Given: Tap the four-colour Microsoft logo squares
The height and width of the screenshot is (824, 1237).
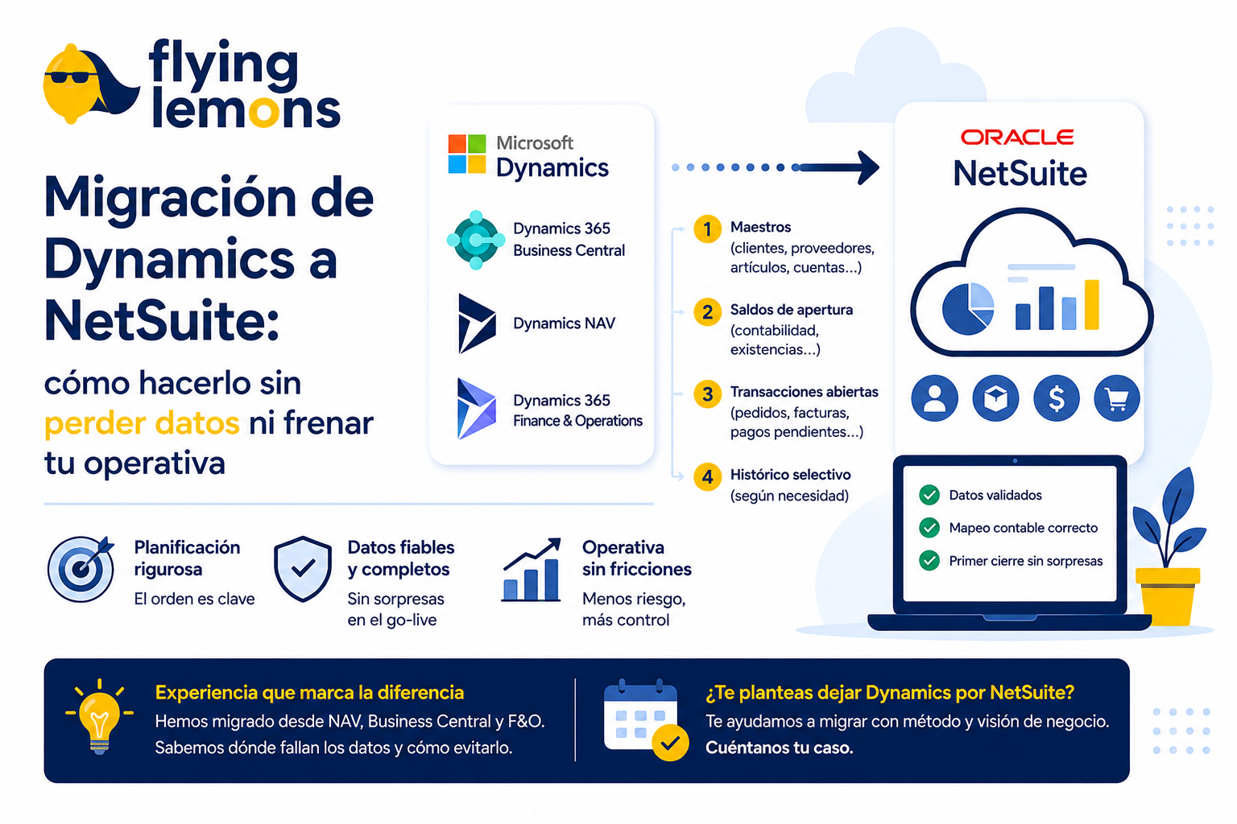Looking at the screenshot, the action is click(466, 154).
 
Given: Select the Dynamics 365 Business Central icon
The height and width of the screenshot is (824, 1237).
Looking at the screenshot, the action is click(475, 240).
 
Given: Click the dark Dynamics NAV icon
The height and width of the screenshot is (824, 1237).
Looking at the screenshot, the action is click(477, 323).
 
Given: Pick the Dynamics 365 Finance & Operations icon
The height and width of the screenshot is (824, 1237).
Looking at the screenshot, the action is click(477, 409).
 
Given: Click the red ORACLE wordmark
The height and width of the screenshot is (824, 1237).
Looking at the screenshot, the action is click(1017, 137).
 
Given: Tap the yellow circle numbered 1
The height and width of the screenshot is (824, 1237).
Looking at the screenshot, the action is click(707, 229).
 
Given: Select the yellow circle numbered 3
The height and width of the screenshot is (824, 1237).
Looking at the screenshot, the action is click(707, 394).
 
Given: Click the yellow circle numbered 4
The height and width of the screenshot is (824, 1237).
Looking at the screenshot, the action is click(707, 476).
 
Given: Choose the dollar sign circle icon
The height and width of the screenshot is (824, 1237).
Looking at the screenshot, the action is click(1057, 398).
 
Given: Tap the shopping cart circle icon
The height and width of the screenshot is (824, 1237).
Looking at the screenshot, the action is click(1117, 398).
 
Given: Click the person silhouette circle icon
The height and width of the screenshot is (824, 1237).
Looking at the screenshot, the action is click(934, 398).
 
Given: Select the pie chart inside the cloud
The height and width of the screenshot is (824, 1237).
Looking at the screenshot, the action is click(968, 308).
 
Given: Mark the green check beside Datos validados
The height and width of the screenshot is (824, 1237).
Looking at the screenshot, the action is click(929, 495).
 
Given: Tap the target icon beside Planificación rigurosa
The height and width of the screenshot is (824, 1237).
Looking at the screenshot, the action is click(81, 568).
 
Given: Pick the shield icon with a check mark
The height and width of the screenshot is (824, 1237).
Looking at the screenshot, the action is click(303, 568).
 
